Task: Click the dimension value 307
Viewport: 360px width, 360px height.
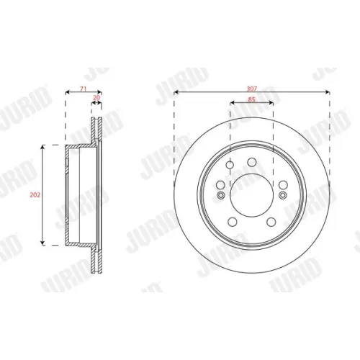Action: [252, 89]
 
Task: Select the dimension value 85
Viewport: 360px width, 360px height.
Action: [251, 99]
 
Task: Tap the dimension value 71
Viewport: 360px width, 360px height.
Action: [83, 89]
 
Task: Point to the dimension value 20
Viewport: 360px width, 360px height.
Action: [96, 98]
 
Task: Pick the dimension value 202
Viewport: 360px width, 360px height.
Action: [35, 195]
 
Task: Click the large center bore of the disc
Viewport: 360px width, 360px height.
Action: [251, 195]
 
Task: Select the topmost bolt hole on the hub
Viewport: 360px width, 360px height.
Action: [252, 162]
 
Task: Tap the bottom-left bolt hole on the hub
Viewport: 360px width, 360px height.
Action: [233, 222]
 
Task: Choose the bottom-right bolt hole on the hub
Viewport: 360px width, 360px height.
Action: [271, 222]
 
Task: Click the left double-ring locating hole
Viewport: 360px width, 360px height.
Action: [220, 195]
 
